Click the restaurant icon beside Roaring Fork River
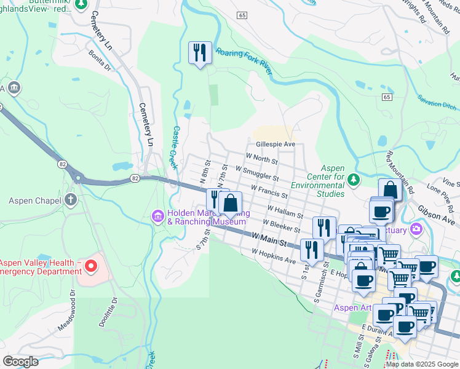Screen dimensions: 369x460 (x=200, y=52)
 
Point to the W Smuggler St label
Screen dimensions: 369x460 (x=257, y=173)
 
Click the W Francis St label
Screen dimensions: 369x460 (x=269, y=190)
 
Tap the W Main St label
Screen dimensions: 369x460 (x=269, y=239)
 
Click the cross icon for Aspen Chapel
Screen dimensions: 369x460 (x=71, y=200)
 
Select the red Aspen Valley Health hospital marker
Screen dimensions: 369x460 (x=90, y=266)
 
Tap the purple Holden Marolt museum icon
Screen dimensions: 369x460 (x=157, y=216)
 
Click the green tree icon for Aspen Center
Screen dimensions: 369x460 (x=353, y=180)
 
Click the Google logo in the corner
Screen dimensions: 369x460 (x=20, y=361)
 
